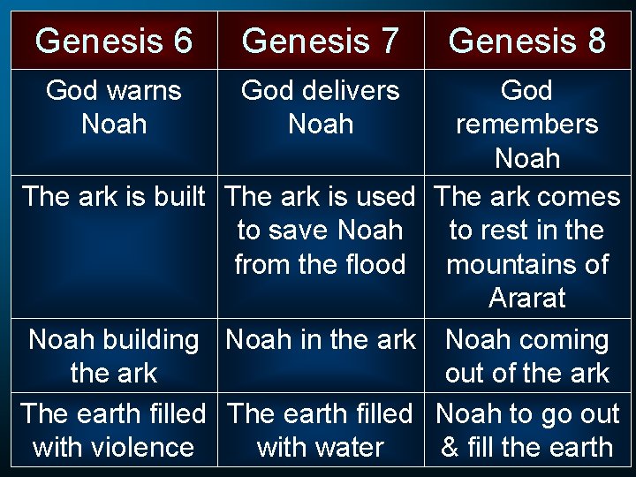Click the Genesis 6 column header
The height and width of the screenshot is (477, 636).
coord(114,41)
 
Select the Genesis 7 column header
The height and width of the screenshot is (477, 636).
coord(321,41)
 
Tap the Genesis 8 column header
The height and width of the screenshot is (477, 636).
coord(527,41)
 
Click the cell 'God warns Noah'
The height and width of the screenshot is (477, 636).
coord(114,107)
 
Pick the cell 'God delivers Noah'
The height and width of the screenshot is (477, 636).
coord(321,107)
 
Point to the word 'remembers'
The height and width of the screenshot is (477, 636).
coord(527,125)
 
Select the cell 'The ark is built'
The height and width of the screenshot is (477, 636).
coord(114,196)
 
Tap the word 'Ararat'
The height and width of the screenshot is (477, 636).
coord(527,299)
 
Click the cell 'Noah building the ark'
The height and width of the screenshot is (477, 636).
coord(114,356)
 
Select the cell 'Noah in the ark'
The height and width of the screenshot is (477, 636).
coord(321,340)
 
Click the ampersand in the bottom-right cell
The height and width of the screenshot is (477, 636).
coord(450,448)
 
